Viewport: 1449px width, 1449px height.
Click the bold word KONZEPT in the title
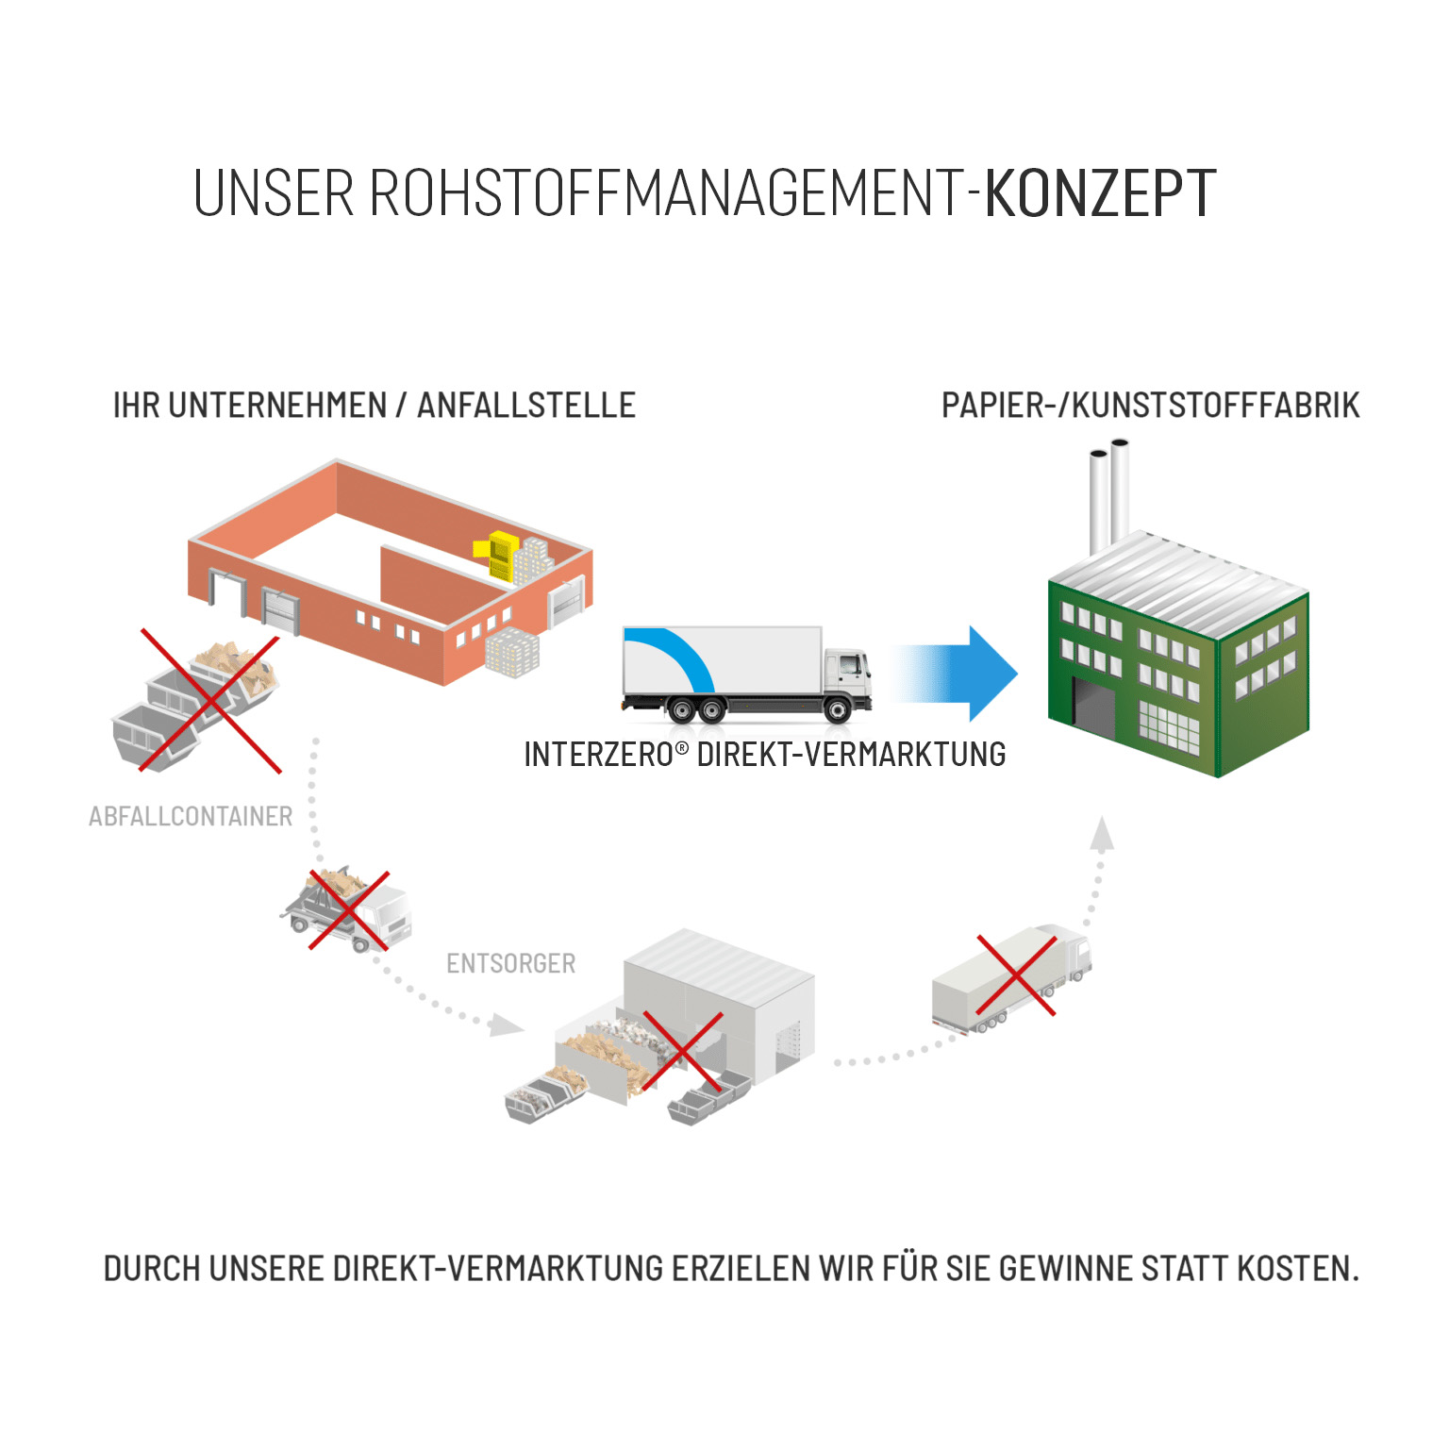1100,193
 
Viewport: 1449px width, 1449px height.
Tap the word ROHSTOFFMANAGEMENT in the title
665,193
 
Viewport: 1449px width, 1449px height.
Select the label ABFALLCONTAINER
191,816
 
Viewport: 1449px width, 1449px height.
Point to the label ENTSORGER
510,963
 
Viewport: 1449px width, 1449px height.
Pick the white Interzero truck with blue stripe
745,674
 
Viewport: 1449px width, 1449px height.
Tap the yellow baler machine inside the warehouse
501,555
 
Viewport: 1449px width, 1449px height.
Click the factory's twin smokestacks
1109,495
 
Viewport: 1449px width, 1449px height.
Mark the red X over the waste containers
210,701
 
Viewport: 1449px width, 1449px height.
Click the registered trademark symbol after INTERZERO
682,747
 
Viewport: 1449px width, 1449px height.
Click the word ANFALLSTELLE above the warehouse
526,406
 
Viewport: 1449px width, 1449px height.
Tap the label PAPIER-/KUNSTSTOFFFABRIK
1150,406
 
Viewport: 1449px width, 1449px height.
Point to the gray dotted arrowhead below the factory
1102,834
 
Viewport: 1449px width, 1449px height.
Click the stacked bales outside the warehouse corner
512,652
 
